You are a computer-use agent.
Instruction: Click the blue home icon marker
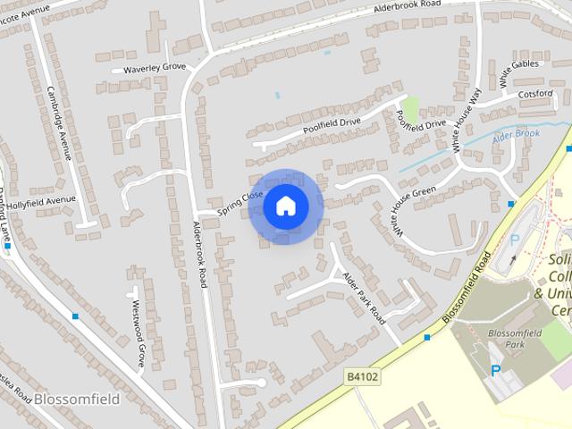pyautogui.click(x=285, y=206)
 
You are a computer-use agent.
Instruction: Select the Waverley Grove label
pyautogui.click(x=148, y=67)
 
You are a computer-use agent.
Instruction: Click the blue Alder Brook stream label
pyautogui.click(x=516, y=136)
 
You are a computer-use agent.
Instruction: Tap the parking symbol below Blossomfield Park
pyautogui.click(x=497, y=370)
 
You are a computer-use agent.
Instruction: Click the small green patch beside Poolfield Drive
pyautogui.click(x=410, y=109)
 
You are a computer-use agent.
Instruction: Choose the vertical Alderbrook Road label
pyautogui.click(x=200, y=254)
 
